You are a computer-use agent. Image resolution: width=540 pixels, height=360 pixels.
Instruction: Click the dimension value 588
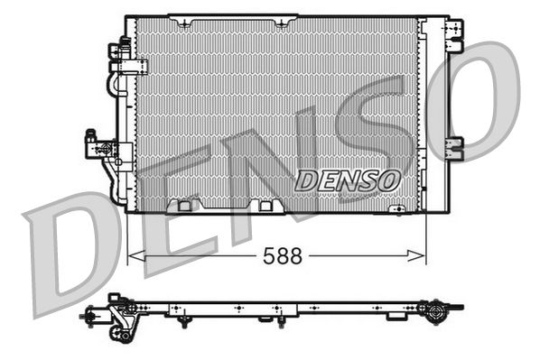[283, 255]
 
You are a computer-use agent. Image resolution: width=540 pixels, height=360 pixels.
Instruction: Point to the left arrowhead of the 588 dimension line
[136, 255]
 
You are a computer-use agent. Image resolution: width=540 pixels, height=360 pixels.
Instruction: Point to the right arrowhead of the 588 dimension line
[416, 255]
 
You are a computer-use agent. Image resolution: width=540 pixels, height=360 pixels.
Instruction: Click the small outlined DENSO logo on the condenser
[347, 180]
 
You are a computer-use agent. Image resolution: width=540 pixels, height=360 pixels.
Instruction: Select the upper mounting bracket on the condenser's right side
[454, 35]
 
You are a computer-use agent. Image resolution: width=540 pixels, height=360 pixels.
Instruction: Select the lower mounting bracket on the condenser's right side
[454, 149]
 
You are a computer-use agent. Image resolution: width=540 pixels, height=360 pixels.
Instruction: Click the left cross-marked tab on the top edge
[184, 23]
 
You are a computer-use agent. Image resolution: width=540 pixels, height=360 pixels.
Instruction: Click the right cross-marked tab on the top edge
[282, 23]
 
